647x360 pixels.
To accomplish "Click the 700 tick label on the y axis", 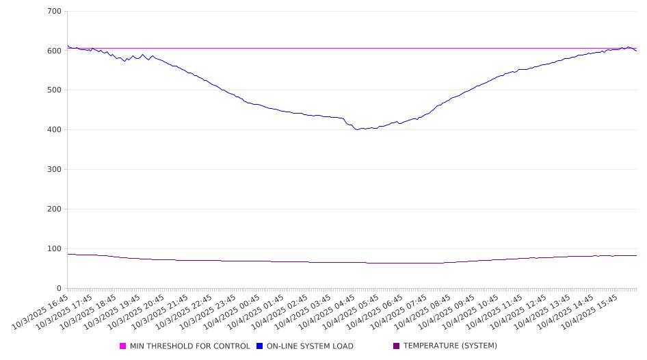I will tap(55, 11).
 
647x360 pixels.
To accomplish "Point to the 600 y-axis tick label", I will tap(55, 51).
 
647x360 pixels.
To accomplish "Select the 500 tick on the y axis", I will tap(55, 90).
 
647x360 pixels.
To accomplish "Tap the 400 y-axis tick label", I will tap(55, 130).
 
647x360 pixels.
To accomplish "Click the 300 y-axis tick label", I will tap(55, 170).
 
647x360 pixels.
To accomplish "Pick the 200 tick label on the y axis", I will tap(55, 209).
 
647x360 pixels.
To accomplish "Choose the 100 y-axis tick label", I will tap(55, 248).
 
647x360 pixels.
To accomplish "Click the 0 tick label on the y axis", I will tap(60, 288).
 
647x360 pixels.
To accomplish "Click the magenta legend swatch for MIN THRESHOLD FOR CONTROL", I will tap(123, 346).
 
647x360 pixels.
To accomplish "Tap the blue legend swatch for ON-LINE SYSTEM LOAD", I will tap(260, 346).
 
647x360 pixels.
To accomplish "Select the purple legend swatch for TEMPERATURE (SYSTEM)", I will tap(397, 346).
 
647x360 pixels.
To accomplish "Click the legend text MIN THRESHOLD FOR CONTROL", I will tap(189, 346).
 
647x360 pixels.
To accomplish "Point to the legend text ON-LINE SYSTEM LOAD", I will tap(310, 346).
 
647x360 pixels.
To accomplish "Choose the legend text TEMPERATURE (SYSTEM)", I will tap(450, 346).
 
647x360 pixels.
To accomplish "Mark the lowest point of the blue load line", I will tap(357, 129).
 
